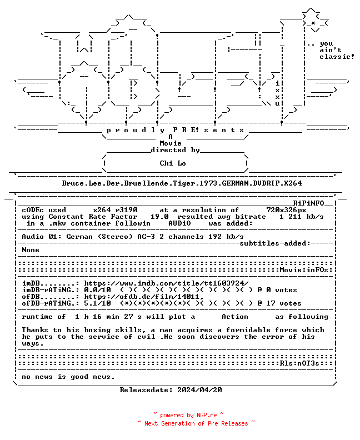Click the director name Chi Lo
click(173, 163)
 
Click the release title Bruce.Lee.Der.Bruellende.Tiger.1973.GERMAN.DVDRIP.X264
click(182, 183)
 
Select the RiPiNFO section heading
click(309, 203)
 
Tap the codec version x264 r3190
click(116, 210)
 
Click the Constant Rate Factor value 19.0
click(159, 217)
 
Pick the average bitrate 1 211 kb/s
click(301, 217)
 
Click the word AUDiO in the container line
click(179, 223)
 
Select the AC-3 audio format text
click(146, 237)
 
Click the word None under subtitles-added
click(31, 250)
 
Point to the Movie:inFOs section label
click(304, 270)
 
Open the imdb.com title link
click(167, 283)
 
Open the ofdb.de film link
click(144, 297)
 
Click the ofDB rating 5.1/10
click(97, 303)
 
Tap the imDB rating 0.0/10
click(97, 290)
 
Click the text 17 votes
click(284, 303)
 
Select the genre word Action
click(235, 317)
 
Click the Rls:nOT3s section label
click(299, 363)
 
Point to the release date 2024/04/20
click(199, 390)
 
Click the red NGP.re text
click(207, 416)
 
